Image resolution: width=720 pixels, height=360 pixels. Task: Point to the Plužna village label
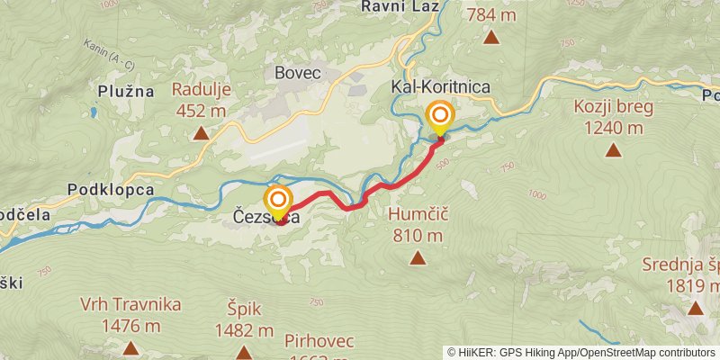[x=128, y=91]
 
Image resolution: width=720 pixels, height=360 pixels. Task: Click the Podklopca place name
[x=110, y=190]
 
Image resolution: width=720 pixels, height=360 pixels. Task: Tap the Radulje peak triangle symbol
[x=202, y=134]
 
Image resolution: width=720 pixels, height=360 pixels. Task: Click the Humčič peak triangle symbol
[x=418, y=259]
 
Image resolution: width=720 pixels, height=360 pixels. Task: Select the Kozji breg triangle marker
[x=614, y=150]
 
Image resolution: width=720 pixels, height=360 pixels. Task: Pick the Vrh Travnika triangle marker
[x=131, y=348]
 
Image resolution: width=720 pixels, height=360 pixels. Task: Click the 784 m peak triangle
[x=491, y=37]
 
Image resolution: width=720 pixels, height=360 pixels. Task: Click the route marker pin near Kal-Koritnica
[x=440, y=117]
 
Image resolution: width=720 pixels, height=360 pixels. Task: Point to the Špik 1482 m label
[x=244, y=319]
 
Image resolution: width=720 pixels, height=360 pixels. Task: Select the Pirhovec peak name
[x=319, y=341]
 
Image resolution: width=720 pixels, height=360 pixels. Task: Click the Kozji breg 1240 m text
[x=614, y=117]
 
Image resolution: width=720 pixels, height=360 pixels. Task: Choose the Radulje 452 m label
[x=201, y=100]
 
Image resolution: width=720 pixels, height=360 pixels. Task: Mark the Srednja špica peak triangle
[x=695, y=309]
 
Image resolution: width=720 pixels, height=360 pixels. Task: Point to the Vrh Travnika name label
[x=131, y=304]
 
